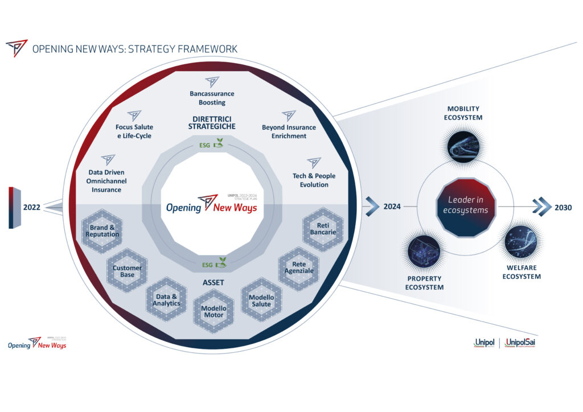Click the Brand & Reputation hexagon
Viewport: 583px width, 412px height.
(103, 231)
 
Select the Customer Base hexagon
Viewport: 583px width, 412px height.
(127, 271)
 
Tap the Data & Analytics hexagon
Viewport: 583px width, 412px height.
(166, 300)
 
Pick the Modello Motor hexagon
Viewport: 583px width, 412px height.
(214, 311)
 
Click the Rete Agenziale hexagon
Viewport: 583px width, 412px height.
(299, 267)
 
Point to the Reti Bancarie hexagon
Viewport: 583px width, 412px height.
(323, 229)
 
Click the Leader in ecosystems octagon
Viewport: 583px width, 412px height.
(466, 207)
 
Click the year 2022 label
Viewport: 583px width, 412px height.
(32, 207)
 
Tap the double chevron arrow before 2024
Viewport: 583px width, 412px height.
(371, 207)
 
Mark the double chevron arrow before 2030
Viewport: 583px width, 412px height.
(540, 207)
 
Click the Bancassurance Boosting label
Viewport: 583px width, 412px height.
(212, 98)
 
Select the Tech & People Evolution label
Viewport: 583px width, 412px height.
(314, 180)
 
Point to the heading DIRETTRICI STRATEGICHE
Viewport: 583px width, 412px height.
(212, 122)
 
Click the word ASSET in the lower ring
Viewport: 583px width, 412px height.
(214, 283)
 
